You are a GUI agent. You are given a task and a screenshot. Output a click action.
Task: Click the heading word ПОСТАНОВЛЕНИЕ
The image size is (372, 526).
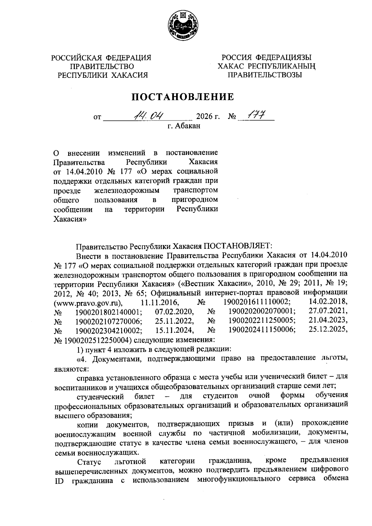(183, 97)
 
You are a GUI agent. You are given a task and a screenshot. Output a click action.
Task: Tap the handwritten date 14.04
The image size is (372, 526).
(148, 116)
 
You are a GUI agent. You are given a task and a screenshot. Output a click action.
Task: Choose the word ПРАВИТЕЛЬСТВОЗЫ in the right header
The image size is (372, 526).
(265, 75)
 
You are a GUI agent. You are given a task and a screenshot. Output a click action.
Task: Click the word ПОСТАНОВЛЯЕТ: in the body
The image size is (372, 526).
(237, 246)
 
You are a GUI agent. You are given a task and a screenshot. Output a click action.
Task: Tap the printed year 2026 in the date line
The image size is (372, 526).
(204, 117)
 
